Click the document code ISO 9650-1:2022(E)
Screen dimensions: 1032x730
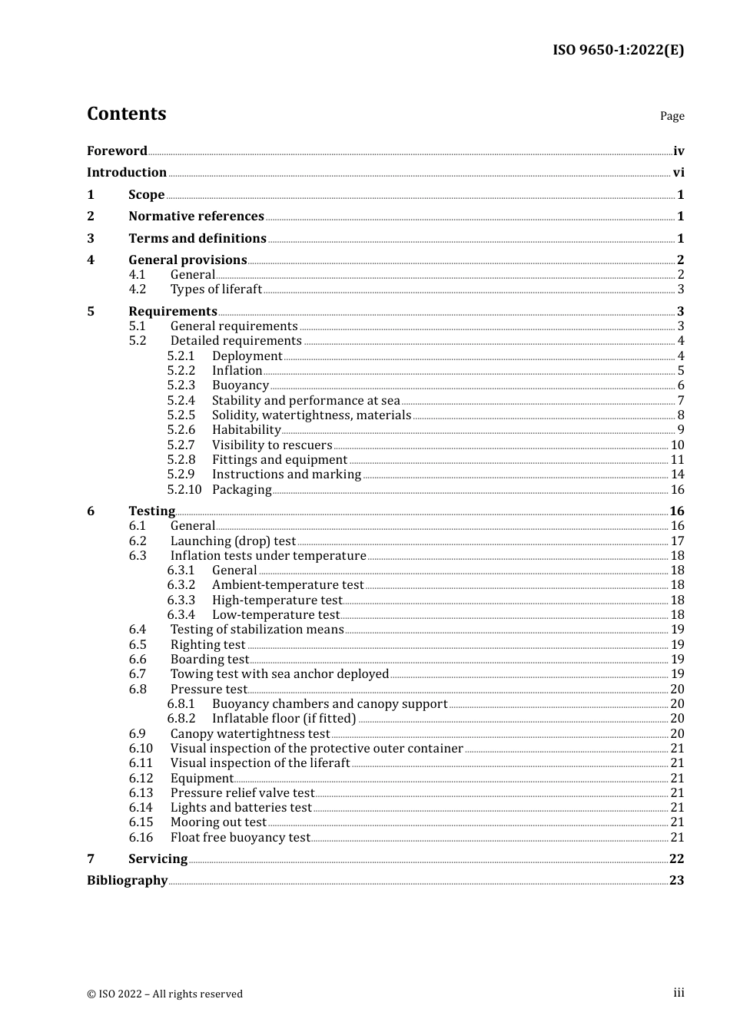pyautogui.click(x=618, y=50)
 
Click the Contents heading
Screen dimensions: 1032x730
pyautogui.click(x=126, y=114)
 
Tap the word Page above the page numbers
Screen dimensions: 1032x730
pyautogui.click(x=672, y=116)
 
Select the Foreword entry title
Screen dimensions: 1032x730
pyautogui.click(x=117, y=151)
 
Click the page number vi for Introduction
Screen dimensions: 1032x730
pyautogui.click(x=679, y=173)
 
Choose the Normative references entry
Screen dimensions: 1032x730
pyautogui.click(x=196, y=217)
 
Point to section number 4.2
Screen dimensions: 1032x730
pyautogui.click(x=138, y=289)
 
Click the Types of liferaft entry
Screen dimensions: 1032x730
pyautogui.click(x=216, y=289)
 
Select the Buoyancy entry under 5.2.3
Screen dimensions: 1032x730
pyautogui.click(x=241, y=385)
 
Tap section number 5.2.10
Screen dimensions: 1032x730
pyautogui.click(x=184, y=490)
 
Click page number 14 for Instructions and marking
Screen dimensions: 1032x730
pyautogui.click(x=677, y=475)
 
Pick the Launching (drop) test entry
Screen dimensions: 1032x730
pyautogui.click(x=233, y=541)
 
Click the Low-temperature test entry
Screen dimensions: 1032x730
pyautogui.click(x=275, y=615)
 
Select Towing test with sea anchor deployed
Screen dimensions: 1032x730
pyautogui.click(x=280, y=674)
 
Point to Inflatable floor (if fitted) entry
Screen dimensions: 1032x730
pyautogui.click(x=284, y=719)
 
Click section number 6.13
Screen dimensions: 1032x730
pyautogui.click(x=141, y=793)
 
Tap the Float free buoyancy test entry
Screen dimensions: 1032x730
pyautogui.click(x=240, y=838)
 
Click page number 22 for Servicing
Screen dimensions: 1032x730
pyautogui.click(x=676, y=859)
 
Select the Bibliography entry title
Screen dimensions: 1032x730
pyautogui.click(x=127, y=881)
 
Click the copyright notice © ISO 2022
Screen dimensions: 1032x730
pyautogui.click(x=164, y=994)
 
